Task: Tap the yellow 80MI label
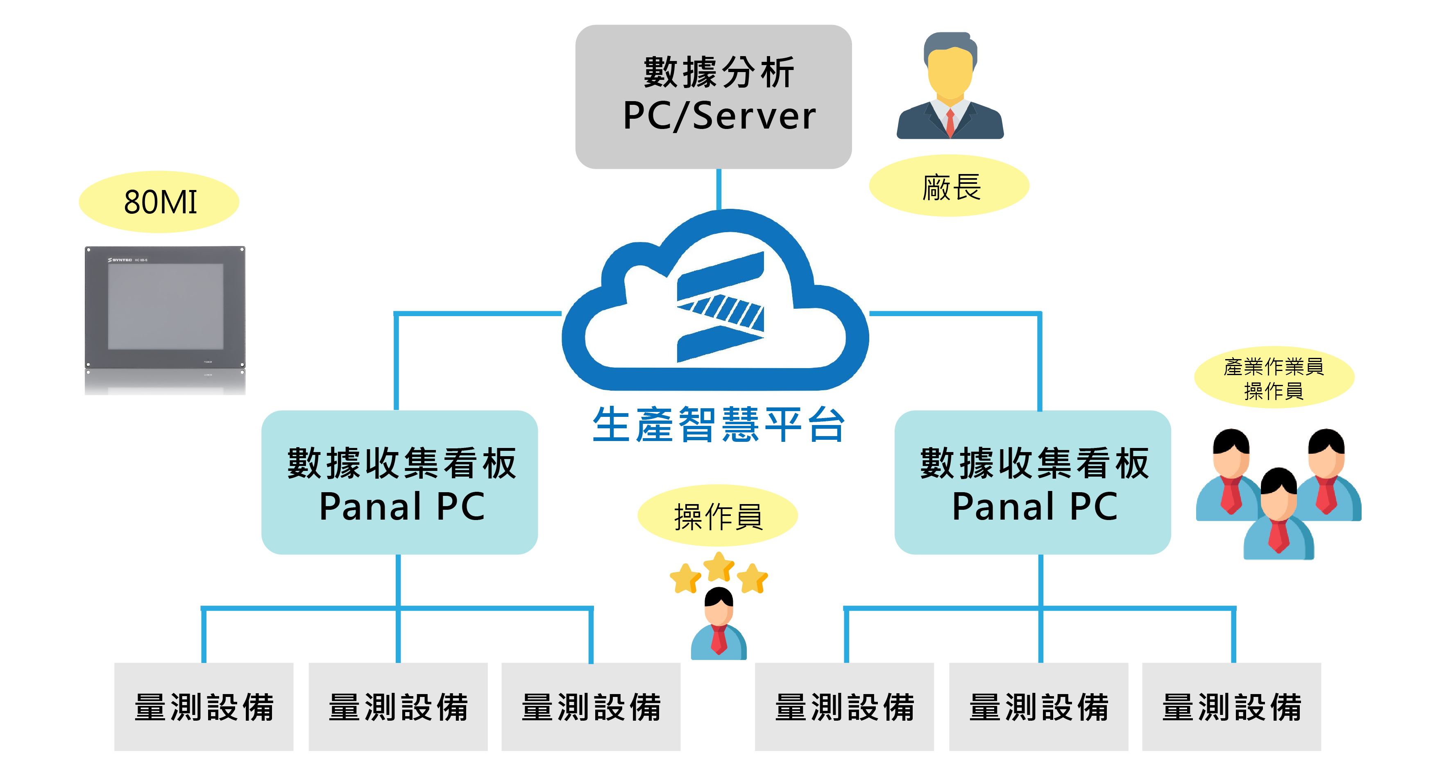pos(159,202)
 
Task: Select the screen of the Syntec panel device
pos(165,306)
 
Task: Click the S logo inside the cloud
pos(720,307)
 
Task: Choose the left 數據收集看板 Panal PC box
pos(399,482)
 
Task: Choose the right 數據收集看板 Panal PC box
pos(1033,482)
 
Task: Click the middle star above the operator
pos(718,566)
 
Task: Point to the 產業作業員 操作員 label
pos(1274,378)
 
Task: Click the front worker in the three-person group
pos(1278,516)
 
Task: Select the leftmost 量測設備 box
pos(204,706)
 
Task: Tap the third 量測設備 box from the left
pos(591,706)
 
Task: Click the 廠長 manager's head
pos(950,70)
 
